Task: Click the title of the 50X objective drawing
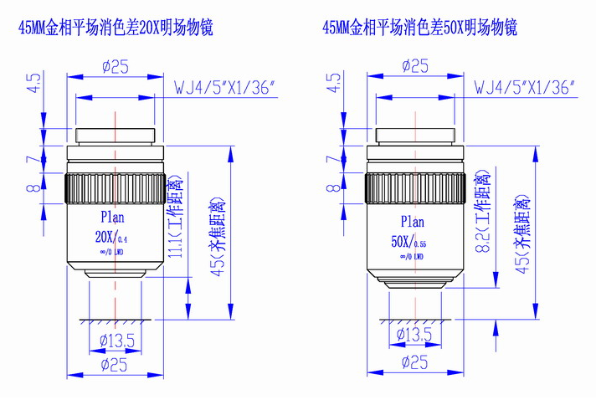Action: tap(419, 28)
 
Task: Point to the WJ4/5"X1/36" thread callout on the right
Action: tap(523, 86)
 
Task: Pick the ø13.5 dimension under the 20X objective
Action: tap(114, 340)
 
